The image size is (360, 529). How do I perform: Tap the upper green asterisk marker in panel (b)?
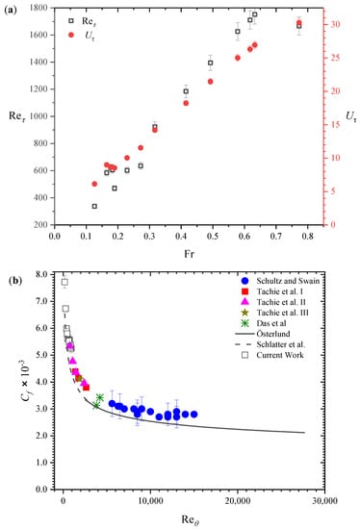point(99,397)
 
